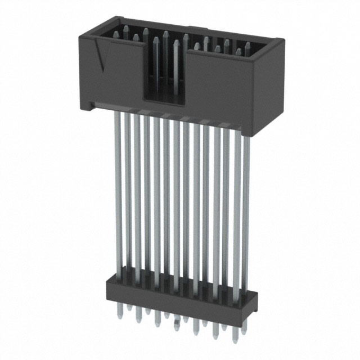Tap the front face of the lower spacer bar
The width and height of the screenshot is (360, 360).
point(169,295)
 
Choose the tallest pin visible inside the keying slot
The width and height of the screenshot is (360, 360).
point(165,37)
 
